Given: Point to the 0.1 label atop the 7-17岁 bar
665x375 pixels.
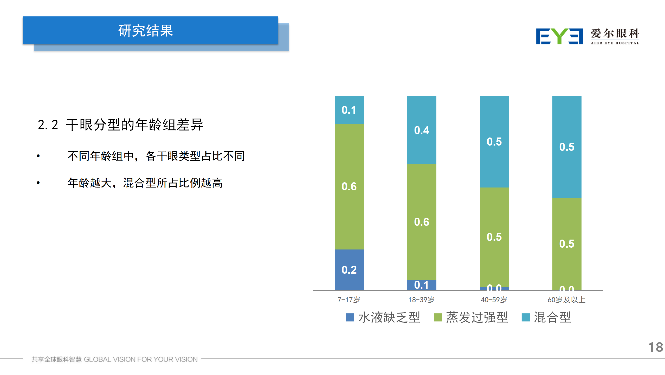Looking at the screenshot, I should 349,110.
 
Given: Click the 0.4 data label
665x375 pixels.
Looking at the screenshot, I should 422,130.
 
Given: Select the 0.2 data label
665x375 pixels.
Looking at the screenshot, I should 349,270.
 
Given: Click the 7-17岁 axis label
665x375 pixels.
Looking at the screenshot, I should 349,300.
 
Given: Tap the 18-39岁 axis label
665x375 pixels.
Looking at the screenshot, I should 421,300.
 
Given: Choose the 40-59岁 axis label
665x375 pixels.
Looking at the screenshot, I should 494,300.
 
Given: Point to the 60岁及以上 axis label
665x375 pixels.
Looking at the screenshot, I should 566,300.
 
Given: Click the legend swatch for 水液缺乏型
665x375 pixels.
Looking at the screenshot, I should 350,317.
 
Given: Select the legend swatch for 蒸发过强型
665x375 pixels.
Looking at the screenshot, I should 438,317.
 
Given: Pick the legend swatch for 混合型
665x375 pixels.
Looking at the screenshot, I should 526,317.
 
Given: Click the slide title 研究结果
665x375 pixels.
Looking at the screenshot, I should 146,31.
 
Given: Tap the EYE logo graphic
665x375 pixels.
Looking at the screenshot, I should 559,36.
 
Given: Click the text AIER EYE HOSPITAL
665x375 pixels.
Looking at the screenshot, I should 615,43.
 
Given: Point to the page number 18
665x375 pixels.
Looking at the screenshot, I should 655,347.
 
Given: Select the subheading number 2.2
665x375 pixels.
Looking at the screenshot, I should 48,125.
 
